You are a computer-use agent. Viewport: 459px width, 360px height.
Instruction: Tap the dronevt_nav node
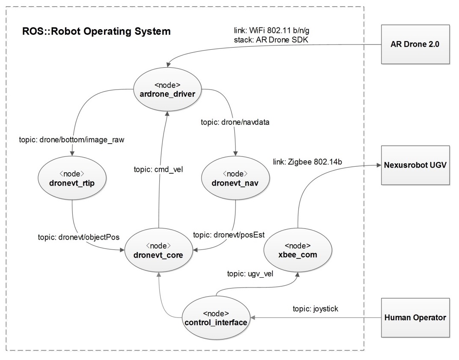coord(234,177)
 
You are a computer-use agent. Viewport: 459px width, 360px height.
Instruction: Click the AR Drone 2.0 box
coord(415,44)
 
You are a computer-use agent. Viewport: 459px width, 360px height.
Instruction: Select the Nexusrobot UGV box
coord(415,165)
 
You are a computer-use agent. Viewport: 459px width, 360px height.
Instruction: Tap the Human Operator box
coord(415,318)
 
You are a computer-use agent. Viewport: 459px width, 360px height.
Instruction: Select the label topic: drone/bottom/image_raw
coord(72,139)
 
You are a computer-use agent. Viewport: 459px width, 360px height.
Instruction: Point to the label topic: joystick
coord(316,309)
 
